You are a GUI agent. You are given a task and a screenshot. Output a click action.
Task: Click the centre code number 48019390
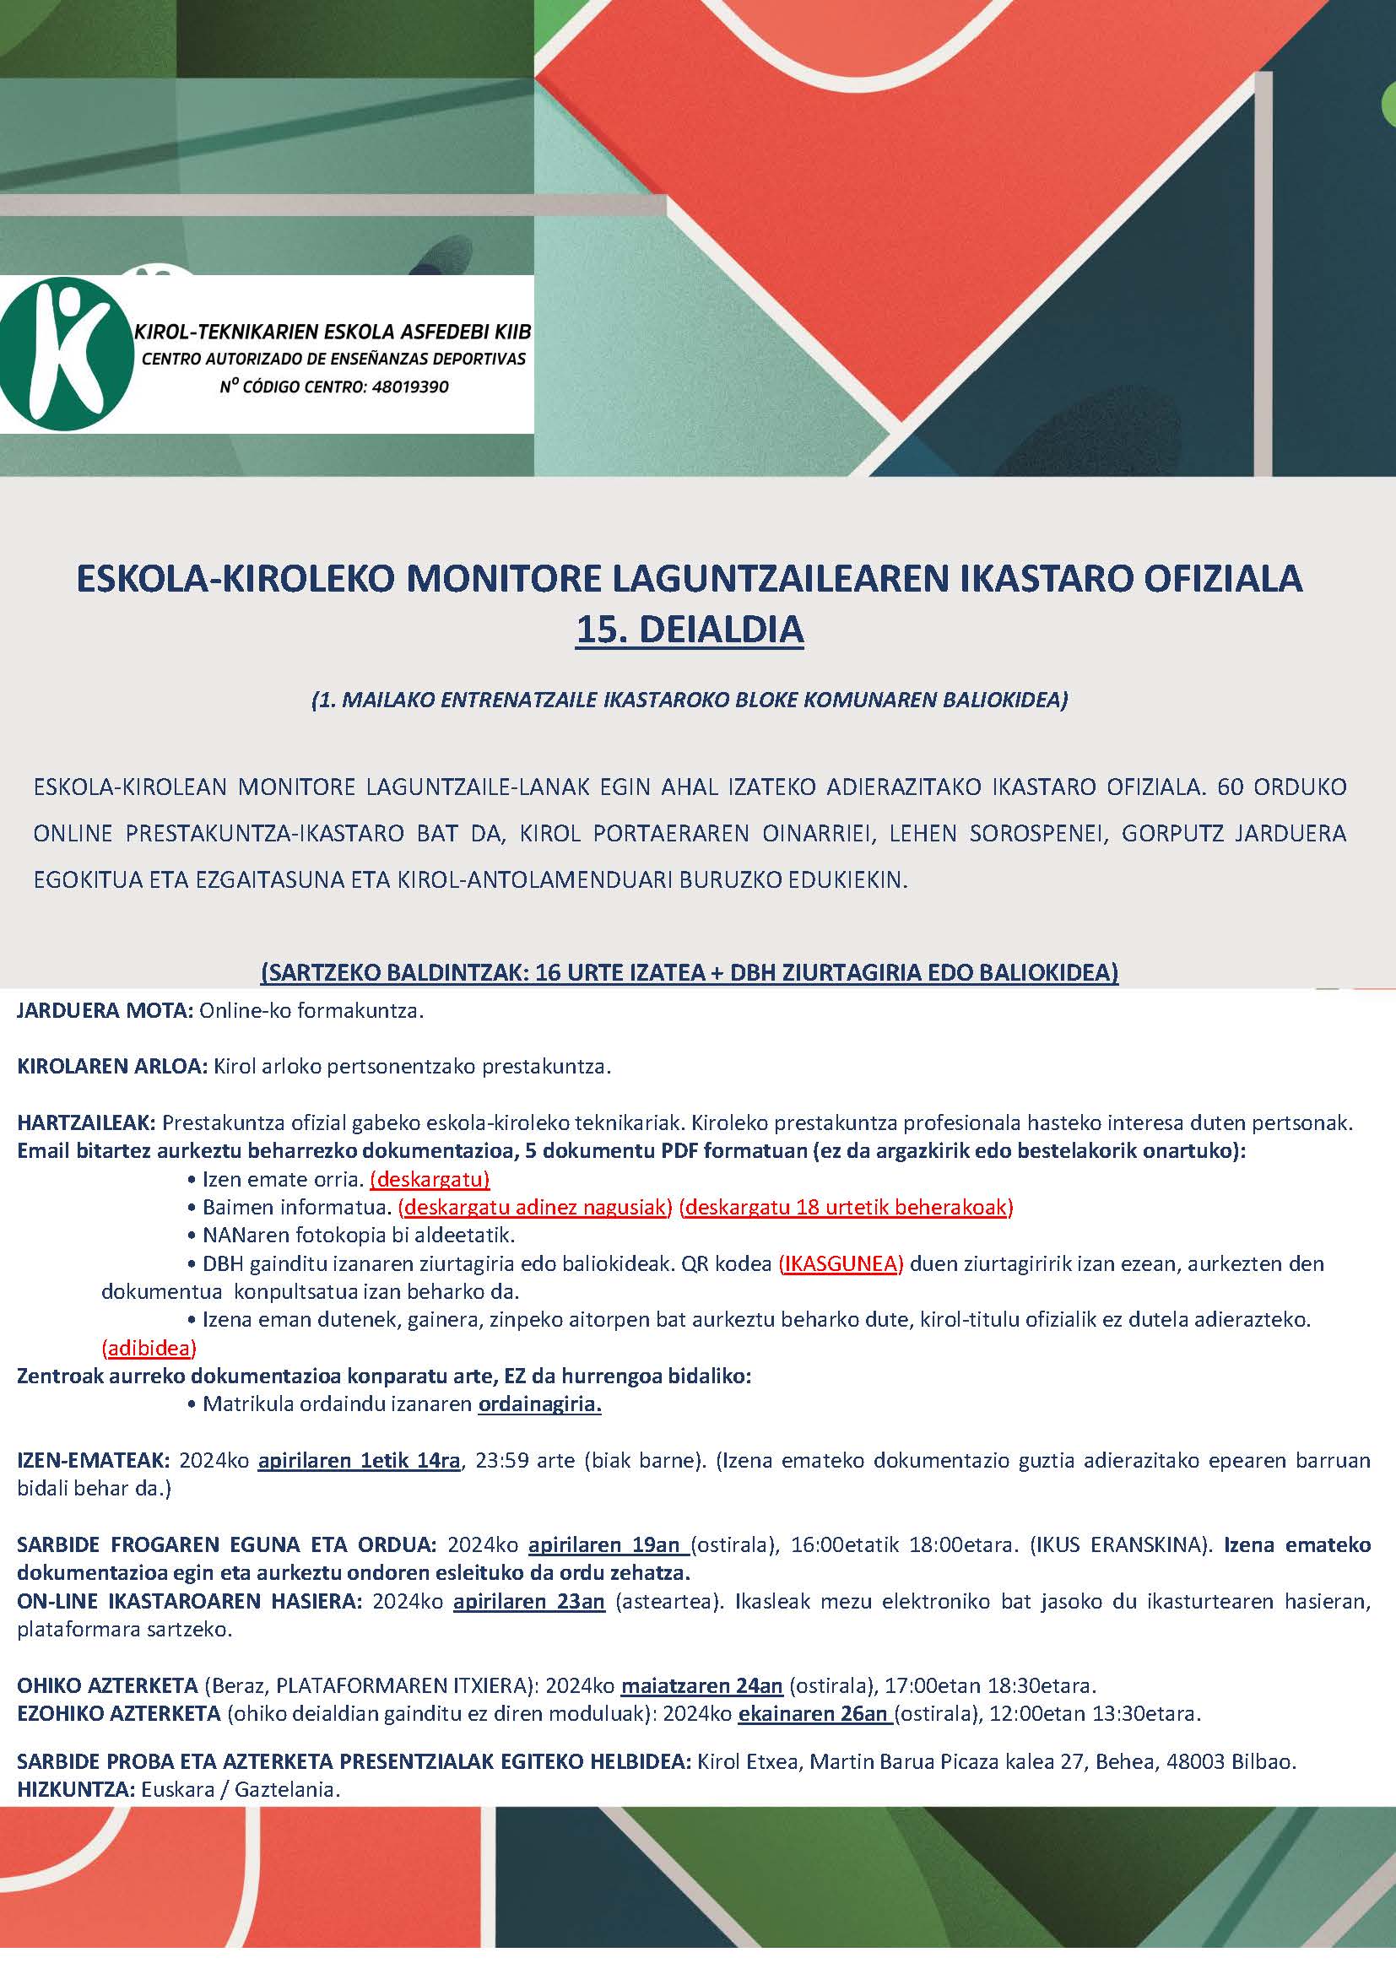[x=409, y=387]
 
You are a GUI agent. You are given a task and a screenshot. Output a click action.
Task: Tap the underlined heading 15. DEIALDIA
[x=690, y=630]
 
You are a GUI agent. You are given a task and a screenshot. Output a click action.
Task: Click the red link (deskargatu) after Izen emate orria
[x=430, y=1179]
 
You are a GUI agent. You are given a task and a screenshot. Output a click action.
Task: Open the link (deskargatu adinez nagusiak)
[x=534, y=1207]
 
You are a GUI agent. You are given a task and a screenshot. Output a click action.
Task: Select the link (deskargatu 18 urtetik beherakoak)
[x=846, y=1207]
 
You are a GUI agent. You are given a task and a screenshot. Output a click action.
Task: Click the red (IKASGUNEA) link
[x=841, y=1263]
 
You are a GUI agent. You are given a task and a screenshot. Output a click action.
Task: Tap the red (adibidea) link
[x=149, y=1346]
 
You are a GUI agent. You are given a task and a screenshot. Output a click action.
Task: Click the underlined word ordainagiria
[x=540, y=1404]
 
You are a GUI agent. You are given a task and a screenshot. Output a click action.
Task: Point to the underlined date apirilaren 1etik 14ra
[x=360, y=1460]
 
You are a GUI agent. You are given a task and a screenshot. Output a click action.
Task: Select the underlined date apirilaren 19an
[x=608, y=1545]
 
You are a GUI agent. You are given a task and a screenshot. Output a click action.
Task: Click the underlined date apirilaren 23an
[x=528, y=1602]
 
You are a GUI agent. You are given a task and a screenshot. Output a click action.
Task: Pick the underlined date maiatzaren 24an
[x=701, y=1685]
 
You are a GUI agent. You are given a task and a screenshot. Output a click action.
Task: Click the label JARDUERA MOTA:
[x=105, y=1011]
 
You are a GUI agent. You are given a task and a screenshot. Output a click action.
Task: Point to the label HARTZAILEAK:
[x=86, y=1122]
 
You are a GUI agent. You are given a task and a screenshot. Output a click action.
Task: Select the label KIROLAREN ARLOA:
[x=112, y=1067]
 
